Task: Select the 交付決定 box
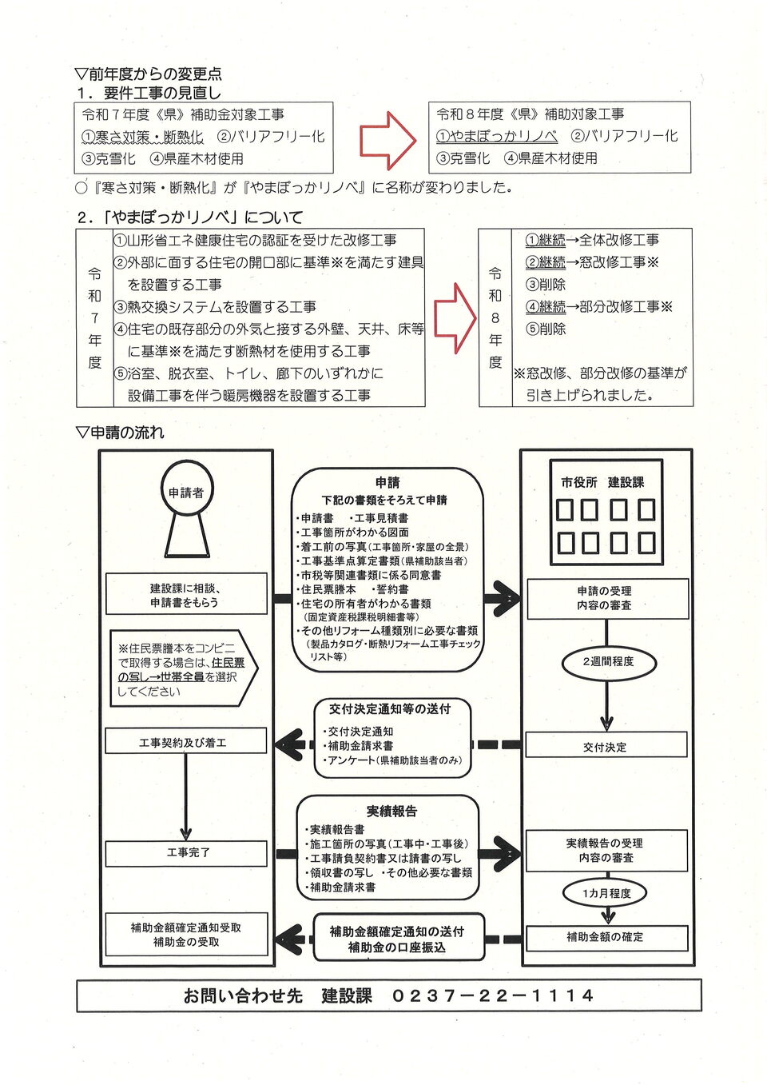pos(606,746)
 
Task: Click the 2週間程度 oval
pos(608,661)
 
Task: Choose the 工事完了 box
pos(187,852)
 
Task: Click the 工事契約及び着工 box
pos(185,742)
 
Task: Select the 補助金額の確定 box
pos(606,936)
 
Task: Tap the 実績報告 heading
pos(391,811)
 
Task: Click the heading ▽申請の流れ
pos(120,433)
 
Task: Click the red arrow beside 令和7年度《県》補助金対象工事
pos(387,140)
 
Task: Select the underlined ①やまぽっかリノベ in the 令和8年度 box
pos(496,136)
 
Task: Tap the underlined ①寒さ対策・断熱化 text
pos(142,137)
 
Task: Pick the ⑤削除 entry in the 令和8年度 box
pos(545,329)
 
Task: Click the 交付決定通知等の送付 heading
pos(390,708)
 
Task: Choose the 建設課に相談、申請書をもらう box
pos(185,595)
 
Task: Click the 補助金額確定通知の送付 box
pos(397,939)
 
